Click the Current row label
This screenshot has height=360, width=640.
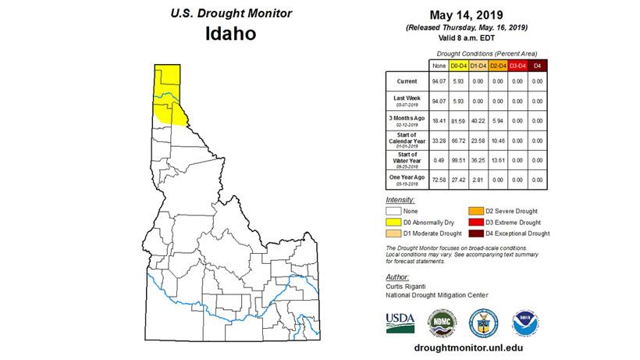(x=406, y=80)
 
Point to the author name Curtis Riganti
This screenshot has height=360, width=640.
(x=407, y=287)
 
